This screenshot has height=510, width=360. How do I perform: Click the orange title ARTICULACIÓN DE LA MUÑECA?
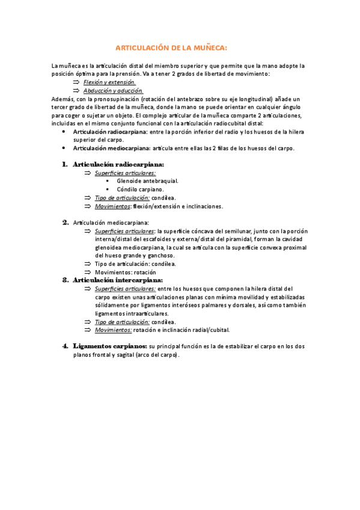point(171,48)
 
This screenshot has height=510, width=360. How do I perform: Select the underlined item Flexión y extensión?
point(109,81)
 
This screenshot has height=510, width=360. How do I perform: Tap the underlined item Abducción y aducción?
point(113,90)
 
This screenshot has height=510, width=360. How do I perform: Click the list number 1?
point(64,164)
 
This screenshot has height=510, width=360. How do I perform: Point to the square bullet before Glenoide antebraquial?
point(107,180)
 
